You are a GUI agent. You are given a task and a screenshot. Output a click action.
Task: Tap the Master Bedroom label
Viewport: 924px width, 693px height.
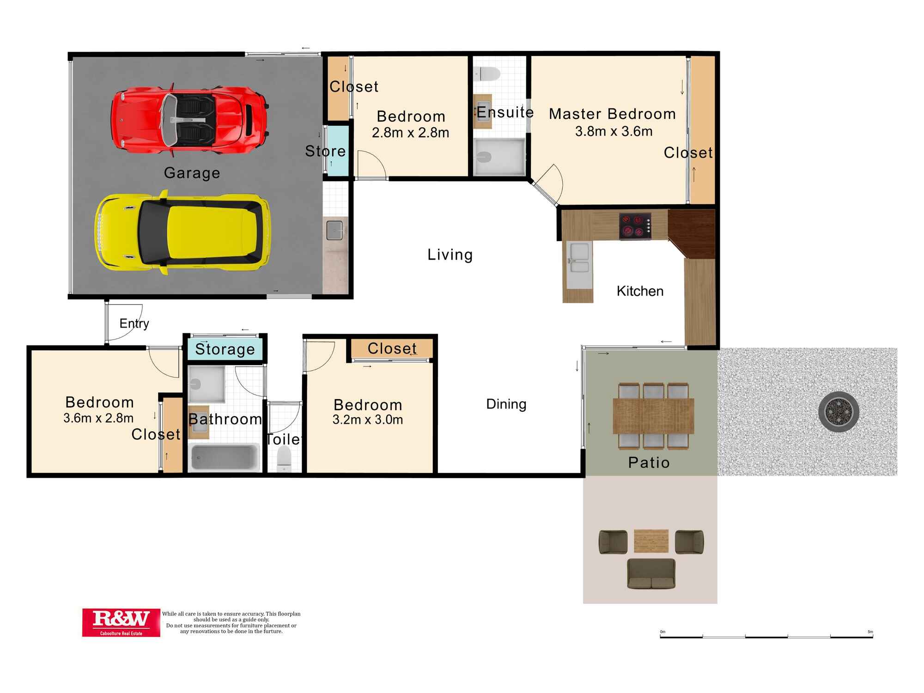coord(612,114)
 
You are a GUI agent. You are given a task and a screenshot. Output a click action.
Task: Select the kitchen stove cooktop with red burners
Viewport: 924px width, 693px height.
coord(635,226)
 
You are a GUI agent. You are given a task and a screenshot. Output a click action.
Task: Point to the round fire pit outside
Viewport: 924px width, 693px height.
coord(839,411)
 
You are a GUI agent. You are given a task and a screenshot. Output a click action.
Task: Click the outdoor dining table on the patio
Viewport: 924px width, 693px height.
coord(653,416)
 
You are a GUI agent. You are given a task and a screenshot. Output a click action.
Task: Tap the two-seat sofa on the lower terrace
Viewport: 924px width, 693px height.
coord(651,574)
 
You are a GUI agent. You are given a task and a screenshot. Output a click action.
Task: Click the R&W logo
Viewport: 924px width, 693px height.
coord(121,622)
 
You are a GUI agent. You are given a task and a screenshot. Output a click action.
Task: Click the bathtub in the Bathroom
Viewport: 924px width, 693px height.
coord(224,457)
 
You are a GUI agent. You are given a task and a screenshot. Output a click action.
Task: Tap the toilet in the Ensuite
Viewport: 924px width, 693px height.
coord(487,74)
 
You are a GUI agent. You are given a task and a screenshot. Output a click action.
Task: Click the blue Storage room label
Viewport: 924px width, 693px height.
coord(225,349)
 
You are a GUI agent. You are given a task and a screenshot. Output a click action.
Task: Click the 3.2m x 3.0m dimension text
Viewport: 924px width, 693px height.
coord(368,419)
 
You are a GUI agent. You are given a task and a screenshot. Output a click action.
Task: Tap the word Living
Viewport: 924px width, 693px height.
coord(450,255)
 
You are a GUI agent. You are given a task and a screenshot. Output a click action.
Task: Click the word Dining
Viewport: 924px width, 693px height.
coord(506,404)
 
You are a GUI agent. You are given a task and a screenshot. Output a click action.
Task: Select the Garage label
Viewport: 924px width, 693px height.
coord(192,173)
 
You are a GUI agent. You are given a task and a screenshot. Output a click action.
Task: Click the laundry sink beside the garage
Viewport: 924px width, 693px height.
coord(334,230)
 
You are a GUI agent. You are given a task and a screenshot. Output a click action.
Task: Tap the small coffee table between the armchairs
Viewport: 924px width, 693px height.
coord(651,541)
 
